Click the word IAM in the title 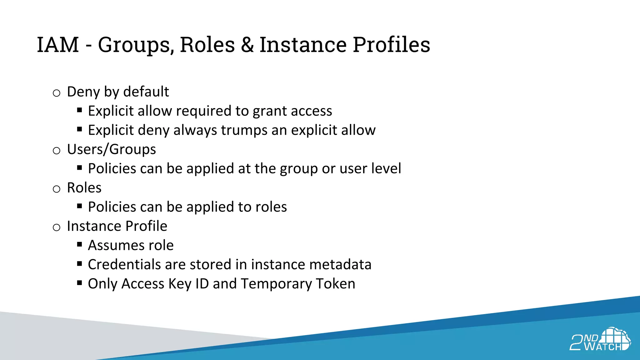point(58,44)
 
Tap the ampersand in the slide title point(247,44)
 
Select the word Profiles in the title point(391,44)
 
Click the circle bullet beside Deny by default point(57,93)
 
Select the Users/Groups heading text point(111,149)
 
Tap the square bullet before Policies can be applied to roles point(79,206)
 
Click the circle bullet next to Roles point(57,189)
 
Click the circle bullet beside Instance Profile point(57,227)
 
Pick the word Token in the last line point(336,284)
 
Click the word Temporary point(276,284)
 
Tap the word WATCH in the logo point(603,347)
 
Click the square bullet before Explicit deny point(79,129)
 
